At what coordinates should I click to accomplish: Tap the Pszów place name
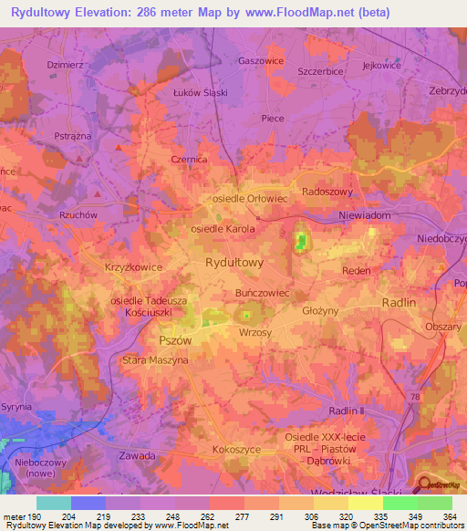click(x=174, y=338)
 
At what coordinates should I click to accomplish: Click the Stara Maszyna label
click(x=155, y=360)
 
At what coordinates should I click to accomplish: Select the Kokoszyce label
click(x=235, y=450)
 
